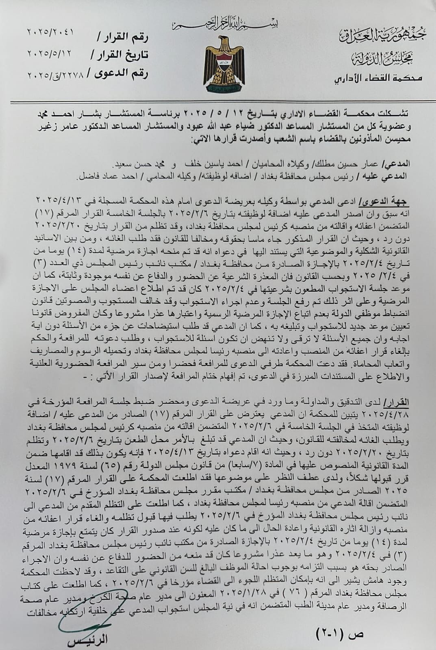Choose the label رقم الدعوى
click(x=122, y=74)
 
